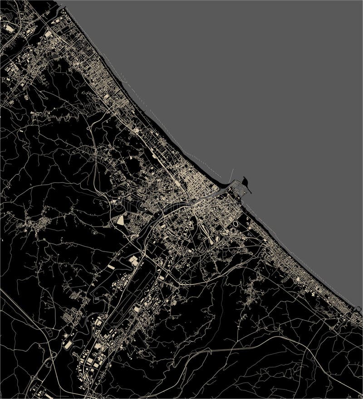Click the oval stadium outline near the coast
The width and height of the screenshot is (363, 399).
tap(236, 223)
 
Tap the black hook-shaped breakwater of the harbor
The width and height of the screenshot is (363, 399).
tap(247, 184)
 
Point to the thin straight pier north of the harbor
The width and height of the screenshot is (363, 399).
tap(231, 174)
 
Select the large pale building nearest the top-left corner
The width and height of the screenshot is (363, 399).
tap(10, 28)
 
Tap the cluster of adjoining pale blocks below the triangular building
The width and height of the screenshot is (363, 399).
tap(134, 261)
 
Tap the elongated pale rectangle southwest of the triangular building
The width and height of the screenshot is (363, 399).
tap(111, 267)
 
